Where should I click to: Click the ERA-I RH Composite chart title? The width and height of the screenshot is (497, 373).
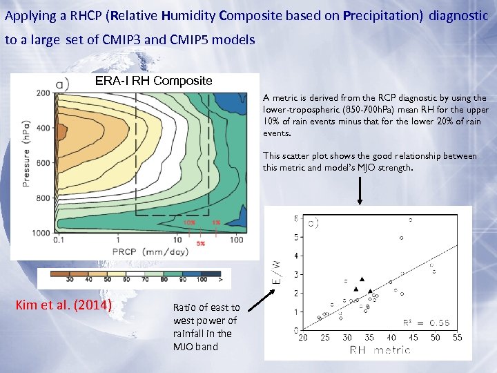tap(153, 81)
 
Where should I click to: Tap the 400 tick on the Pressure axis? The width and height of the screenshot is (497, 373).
tap(42, 128)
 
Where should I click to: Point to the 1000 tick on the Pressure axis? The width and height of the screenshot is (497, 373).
tap(40, 233)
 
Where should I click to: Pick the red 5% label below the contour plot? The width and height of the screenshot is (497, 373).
tap(201, 243)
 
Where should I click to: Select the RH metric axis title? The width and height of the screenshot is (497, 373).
tap(380, 350)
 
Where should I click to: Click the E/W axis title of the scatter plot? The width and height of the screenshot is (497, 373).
tap(276, 269)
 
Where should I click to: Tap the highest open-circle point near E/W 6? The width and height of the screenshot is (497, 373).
tap(411, 220)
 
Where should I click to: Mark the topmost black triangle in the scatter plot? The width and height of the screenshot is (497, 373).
tap(362, 279)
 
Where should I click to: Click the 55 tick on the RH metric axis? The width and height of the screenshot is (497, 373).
tap(457, 338)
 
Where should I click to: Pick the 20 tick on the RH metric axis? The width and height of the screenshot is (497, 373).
tap(302, 338)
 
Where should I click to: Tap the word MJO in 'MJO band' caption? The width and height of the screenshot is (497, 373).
tap(185, 347)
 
